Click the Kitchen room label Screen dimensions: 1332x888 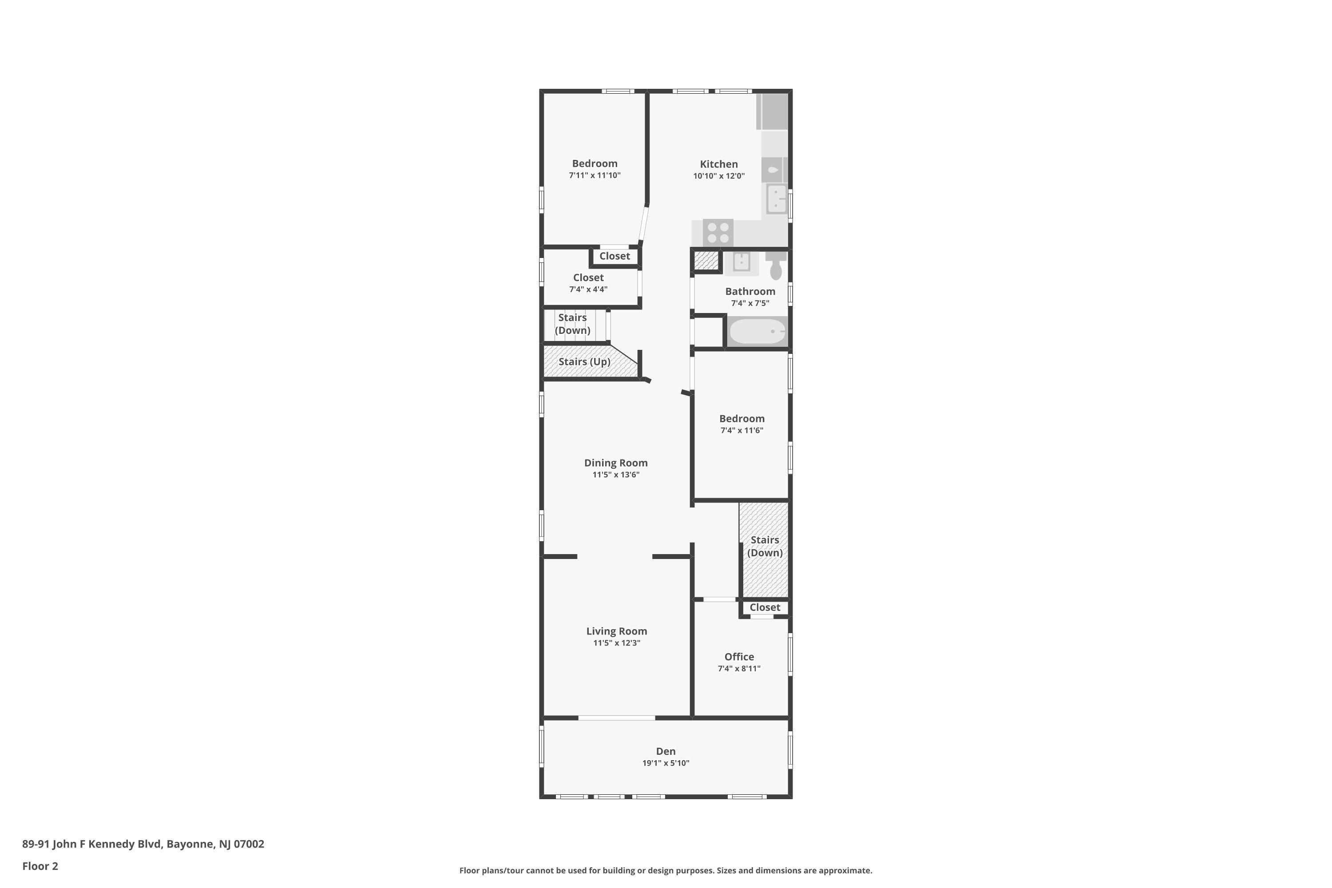pyautogui.click(x=719, y=164)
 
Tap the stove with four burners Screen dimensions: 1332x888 pyautogui.click(x=718, y=233)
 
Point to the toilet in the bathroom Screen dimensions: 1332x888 pyautogui.click(x=776, y=266)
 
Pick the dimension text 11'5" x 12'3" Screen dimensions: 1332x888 pyautogui.click(x=617, y=643)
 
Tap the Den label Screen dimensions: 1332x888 pyautogui.click(x=666, y=751)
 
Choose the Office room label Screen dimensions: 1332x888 pyautogui.click(x=739, y=656)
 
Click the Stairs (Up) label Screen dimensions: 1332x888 pyautogui.click(x=584, y=362)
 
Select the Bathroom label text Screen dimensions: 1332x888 pyautogui.click(x=750, y=291)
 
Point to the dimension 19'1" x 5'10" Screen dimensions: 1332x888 pyautogui.click(x=666, y=763)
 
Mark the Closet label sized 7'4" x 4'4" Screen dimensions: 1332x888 pyautogui.click(x=588, y=277)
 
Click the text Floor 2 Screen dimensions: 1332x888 pyautogui.click(x=40, y=866)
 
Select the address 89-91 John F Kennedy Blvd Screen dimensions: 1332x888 pyautogui.click(x=93, y=844)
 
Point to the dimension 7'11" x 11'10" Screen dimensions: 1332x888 pyautogui.click(x=595, y=175)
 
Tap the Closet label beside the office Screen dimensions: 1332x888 pyautogui.click(x=765, y=607)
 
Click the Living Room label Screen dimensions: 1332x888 pyautogui.click(x=617, y=631)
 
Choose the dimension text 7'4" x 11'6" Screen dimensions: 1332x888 pyautogui.click(x=742, y=430)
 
